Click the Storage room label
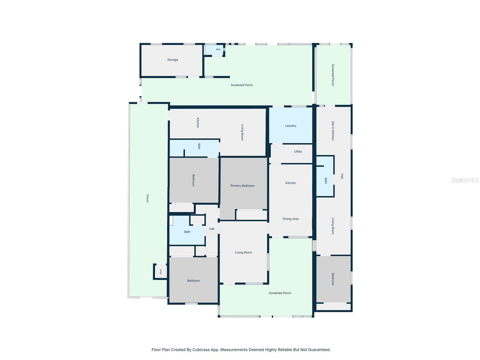pyautogui.click(x=172, y=60)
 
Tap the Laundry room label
pyautogui.click(x=290, y=126)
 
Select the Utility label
pyautogui.click(x=298, y=151)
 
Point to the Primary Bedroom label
pyautogui.click(x=242, y=186)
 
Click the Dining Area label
pyautogui.click(x=290, y=219)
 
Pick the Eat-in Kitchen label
pyautogui.click(x=333, y=131)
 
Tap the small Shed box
pyautogui.click(x=160, y=271)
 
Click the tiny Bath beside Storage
pyautogui.click(x=218, y=49)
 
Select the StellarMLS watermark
pyautogui.click(x=465, y=180)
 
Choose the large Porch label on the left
pyautogui.click(x=147, y=198)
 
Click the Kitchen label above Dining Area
pyautogui.click(x=290, y=183)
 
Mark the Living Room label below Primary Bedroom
pyautogui.click(x=243, y=253)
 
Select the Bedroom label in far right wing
pyautogui.click(x=333, y=279)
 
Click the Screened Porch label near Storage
pyautogui.click(x=241, y=85)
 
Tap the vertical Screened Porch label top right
pyautogui.click(x=333, y=75)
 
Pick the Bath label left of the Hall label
pyautogui.click(x=187, y=232)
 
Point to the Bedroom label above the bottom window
pyautogui.click(x=193, y=281)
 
